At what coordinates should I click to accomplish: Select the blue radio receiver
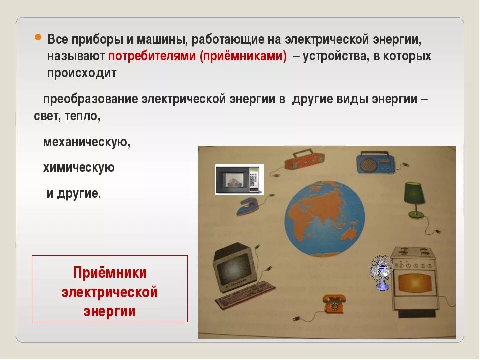pyautogui.click(x=375, y=163)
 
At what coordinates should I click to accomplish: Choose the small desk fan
pyautogui.click(x=381, y=271)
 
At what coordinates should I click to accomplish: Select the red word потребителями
pyautogui.click(x=152, y=56)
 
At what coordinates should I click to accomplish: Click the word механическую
pyautogui.click(x=87, y=142)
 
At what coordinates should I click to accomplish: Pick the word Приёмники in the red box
pyautogui.click(x=110, y=273)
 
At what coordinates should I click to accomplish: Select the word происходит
pyautogui.click(x=82, y=73)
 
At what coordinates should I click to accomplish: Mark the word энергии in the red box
pyautogui.click(x=110, y=311)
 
